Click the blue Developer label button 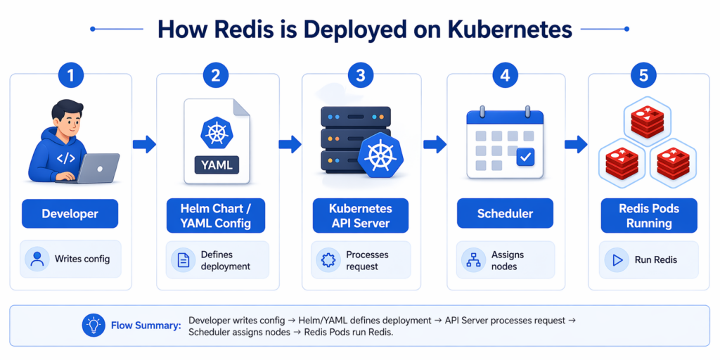70,214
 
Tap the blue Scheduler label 506,214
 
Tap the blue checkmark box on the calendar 525,157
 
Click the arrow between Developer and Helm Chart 144,145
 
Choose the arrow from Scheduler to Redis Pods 576,145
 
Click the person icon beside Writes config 37,259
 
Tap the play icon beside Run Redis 617,259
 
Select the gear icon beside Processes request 327,259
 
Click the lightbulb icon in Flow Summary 92,326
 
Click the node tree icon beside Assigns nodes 472,259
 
